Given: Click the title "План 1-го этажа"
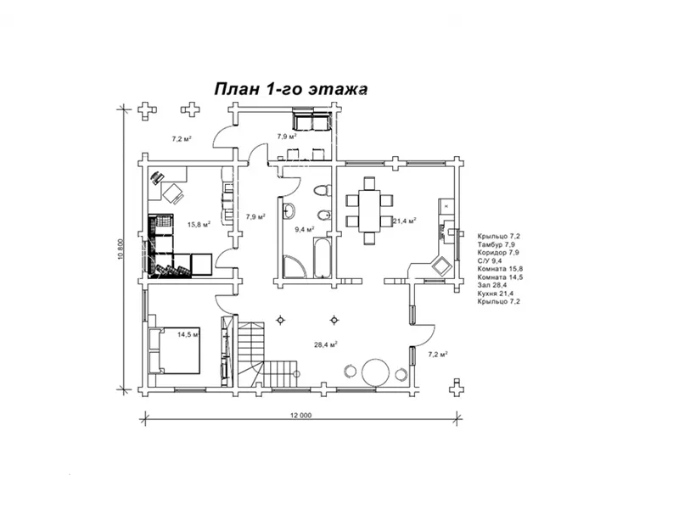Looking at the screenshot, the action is coord(290,89).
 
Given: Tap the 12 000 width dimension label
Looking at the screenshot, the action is coord(300,416).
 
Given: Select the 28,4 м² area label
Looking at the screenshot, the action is coord(326,345).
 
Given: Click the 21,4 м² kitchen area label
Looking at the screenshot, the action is coord(405,221).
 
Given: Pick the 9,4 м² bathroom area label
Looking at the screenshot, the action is coord(305,229).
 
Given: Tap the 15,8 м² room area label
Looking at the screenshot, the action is coord(199,225).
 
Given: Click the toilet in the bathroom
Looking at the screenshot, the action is coord(322,190).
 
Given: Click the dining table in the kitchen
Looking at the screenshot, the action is coord(369,210).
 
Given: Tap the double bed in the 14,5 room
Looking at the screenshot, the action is coord(174,350).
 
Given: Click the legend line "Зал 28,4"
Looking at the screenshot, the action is coord(492,285).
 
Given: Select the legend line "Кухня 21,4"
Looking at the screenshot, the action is coord(495,294).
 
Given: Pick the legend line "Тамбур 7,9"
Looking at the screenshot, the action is coord(496,244).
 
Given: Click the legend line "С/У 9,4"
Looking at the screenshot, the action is coord(490,261).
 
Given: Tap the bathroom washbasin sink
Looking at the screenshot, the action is coord(289,211).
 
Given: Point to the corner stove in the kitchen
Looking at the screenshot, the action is coord(441,266).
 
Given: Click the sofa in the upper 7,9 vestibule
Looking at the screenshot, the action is coord(311,120).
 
